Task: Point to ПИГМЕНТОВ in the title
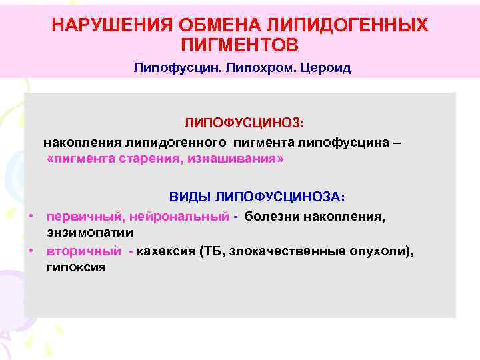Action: [240, 45]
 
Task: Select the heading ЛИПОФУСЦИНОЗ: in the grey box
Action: [244, 123]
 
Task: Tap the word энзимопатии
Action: [90, 233]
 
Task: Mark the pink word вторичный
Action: [84, 251]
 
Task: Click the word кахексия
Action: [165, 251]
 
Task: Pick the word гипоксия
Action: [76, 267]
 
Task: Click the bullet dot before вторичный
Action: [31, 251]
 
